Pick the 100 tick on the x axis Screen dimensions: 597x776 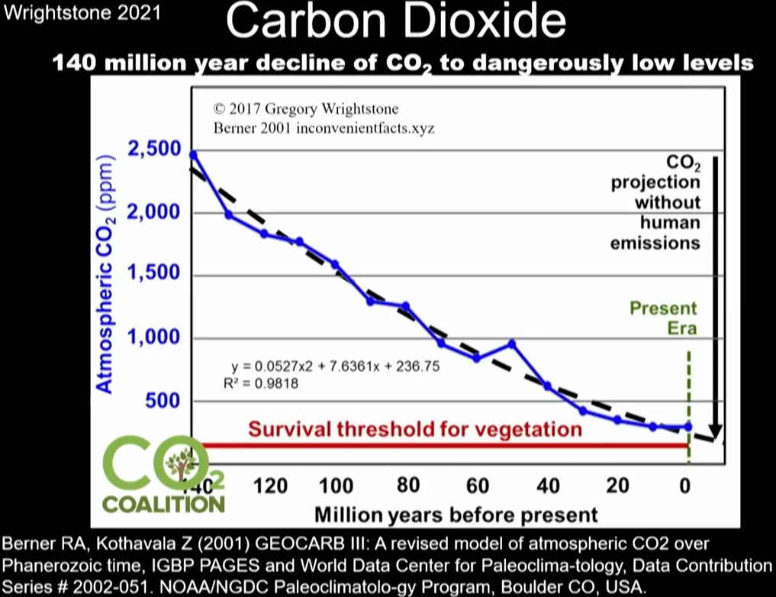(x=336, y=486)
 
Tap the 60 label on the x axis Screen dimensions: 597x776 (x=477, y=486)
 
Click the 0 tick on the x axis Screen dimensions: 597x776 (x=686, y=486)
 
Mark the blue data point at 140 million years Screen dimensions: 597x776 (x=193, y=154)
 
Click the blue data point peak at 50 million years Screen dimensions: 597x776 (x=512, y=344)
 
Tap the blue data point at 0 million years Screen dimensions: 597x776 (x=688, y=427)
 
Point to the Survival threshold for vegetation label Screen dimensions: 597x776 (x=415, y=428)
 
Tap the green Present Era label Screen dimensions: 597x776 (x=663, y=318)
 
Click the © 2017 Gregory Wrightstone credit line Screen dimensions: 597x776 (x=306, y=109)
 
